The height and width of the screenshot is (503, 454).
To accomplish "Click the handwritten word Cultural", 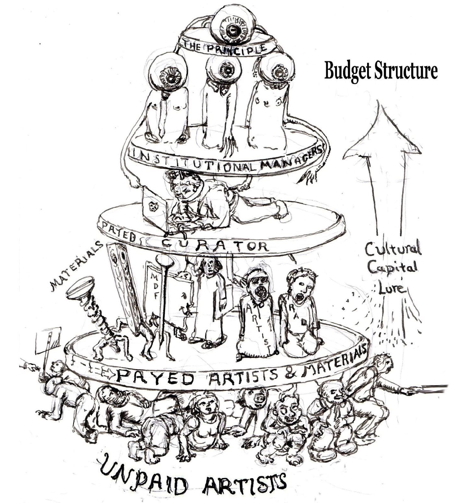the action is (392, 250).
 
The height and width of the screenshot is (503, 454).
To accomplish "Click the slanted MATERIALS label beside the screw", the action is (76, 264).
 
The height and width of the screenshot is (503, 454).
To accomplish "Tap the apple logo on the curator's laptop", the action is (152, 206).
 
